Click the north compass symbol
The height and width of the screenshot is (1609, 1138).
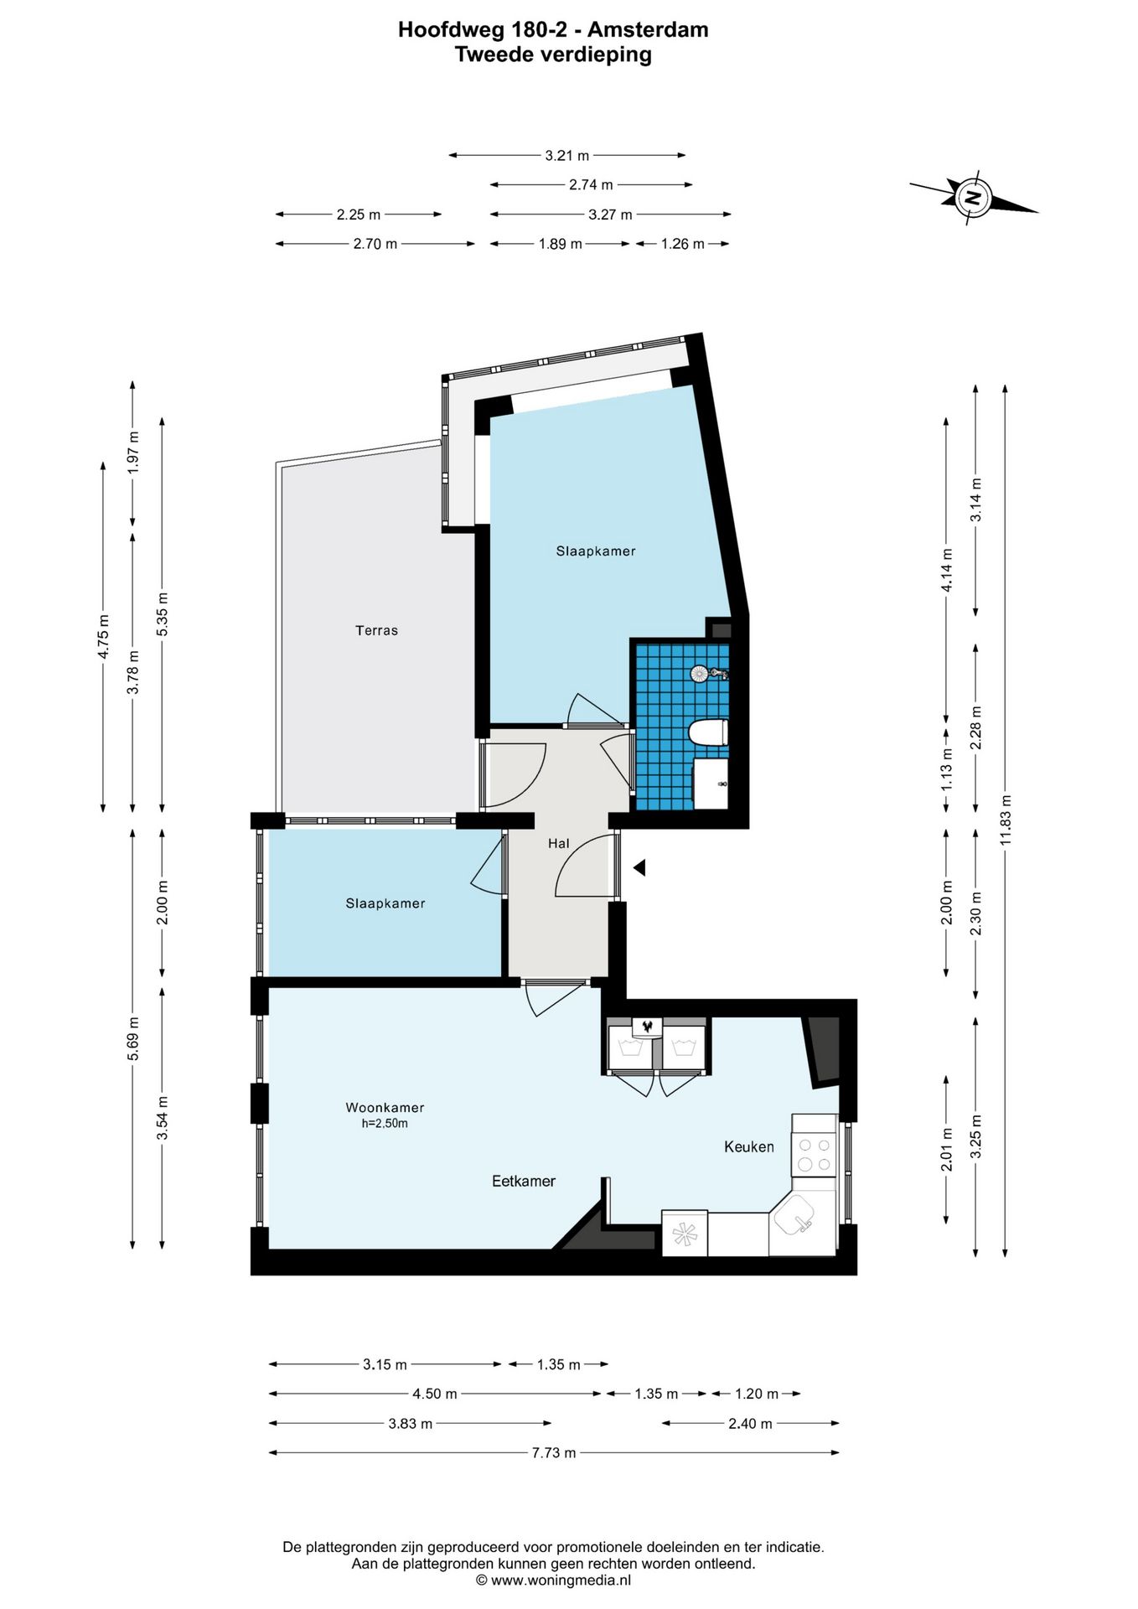[973, 198]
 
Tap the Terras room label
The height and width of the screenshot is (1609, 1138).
[376, 630]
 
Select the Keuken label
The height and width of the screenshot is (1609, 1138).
[749, 1146]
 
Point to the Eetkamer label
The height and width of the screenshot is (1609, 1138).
[524, 1181]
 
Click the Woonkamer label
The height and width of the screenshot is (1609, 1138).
[385, 1107]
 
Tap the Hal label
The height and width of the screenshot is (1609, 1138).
[559, 843]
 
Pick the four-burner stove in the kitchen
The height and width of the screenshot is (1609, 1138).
[815, 1154]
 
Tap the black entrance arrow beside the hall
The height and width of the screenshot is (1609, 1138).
[639, 868]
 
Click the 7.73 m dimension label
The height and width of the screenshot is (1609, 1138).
[554, 1452]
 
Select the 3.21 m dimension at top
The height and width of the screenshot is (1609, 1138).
[567, 155]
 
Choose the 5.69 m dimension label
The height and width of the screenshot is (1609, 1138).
[132, 1037]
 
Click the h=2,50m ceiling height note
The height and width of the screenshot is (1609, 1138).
[385, 1124]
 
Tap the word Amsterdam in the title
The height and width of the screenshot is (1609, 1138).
[648, 30]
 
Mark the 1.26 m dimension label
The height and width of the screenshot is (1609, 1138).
[683, 244]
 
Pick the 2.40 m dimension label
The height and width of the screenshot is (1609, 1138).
[751, 1423]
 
